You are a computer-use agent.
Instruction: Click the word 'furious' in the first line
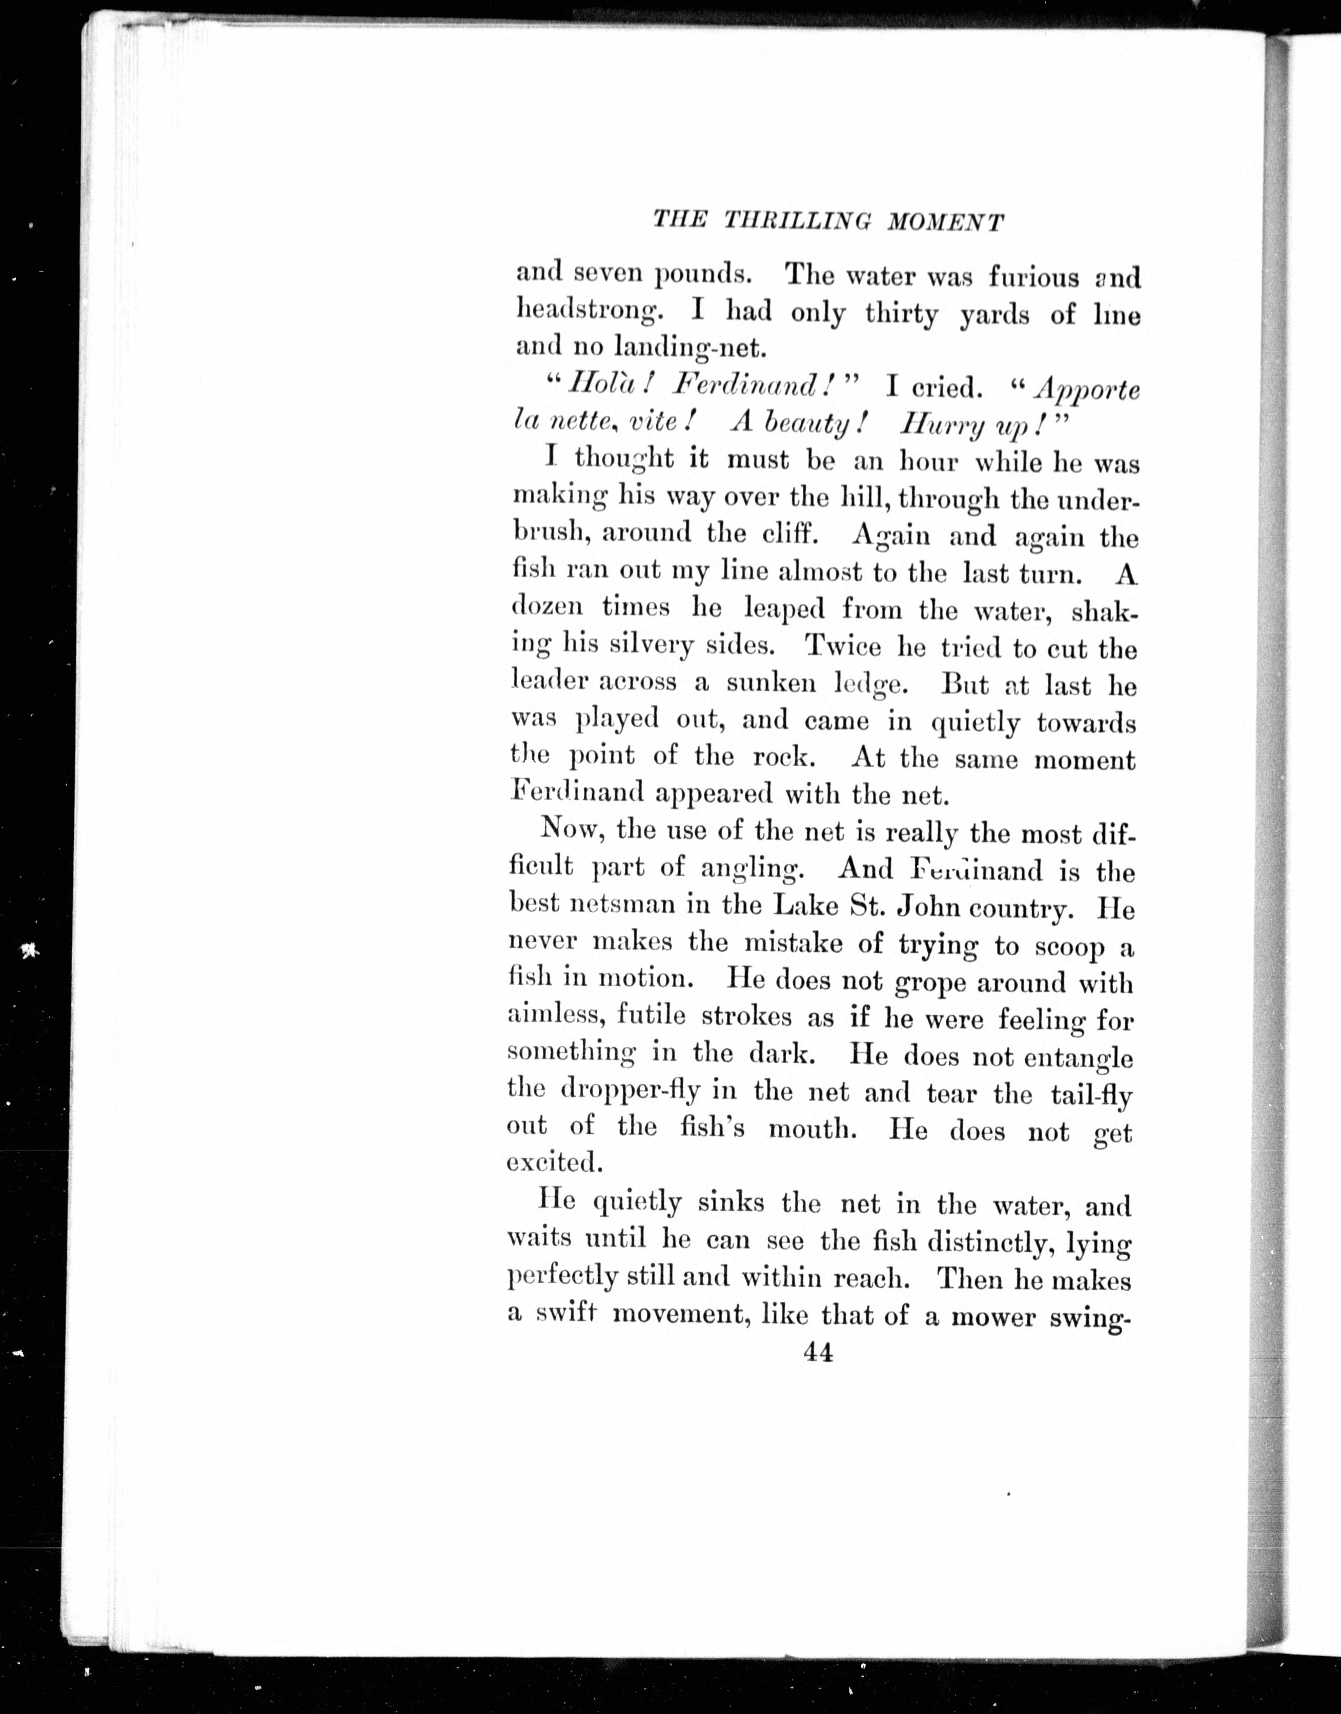(x=1033, y=276)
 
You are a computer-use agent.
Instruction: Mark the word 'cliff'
(x=795, y=535)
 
